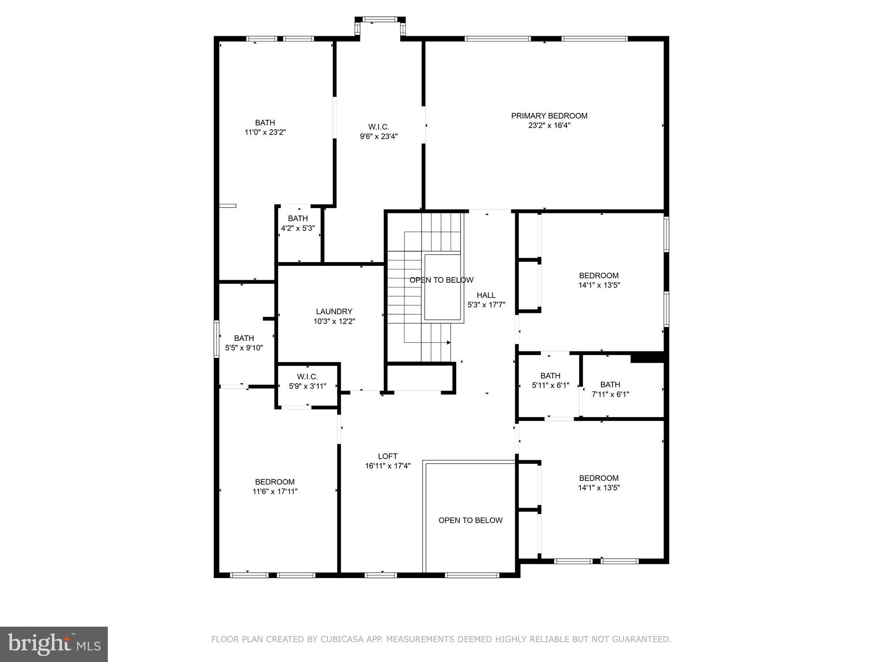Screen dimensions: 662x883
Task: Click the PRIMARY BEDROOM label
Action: click(x=549, y=116)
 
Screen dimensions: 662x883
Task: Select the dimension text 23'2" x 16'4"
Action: click(x=549, y=125)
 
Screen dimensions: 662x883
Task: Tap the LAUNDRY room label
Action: click(x=334, y=311)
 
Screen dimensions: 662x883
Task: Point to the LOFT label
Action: click(x=388, y=456)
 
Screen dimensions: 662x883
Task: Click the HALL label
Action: click(x=486, y=295)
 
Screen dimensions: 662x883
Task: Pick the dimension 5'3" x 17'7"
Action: click(x=486, y=305)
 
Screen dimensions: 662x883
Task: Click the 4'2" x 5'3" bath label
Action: click(x=297, y=228)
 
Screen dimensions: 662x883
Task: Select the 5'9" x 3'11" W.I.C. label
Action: click(x=307, y=386)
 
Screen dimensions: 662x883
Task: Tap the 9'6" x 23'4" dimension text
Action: click(x=379, y=137)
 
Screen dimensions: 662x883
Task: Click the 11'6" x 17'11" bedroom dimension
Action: click(x=275, y=491)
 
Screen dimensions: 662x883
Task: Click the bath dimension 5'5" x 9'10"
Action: click(x=244, y=348)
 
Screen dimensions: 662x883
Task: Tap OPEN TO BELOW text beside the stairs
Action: click(x=441, y=280)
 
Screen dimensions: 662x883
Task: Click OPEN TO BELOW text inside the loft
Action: click(x=470, y=520)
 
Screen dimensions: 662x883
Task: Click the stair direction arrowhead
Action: click(x=448, y=343)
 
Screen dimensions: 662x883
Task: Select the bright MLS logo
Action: click(x=53, y=644)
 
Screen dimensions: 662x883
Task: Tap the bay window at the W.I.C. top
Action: click(x=380, y=19)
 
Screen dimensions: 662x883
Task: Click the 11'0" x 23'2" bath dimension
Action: click(x=265, y=132)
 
